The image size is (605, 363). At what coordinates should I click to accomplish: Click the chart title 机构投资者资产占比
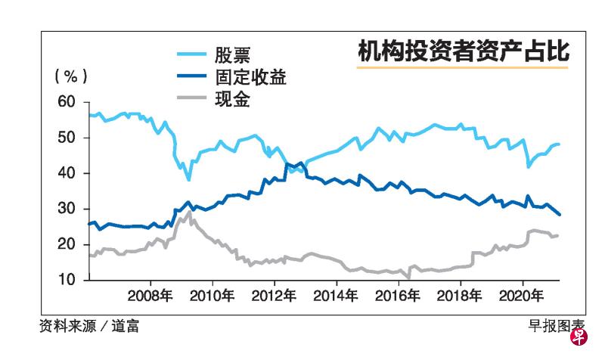(x=462, y=52)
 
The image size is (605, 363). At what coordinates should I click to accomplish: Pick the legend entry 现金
(x=233, y=99)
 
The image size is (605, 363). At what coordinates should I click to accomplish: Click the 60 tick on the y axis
(x=67, y=102)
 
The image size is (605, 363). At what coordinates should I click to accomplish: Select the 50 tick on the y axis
(x=67, y=138)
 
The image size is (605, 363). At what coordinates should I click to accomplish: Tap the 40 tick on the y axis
(x=67, y=173)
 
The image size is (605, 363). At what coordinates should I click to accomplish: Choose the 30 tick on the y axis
(x=67, y=209)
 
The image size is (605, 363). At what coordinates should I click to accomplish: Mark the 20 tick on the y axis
(x=67, y=244)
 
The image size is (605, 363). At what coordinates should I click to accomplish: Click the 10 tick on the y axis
(x=67, y=280)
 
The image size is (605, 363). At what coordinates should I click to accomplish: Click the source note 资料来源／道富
(x=89, y=326)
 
